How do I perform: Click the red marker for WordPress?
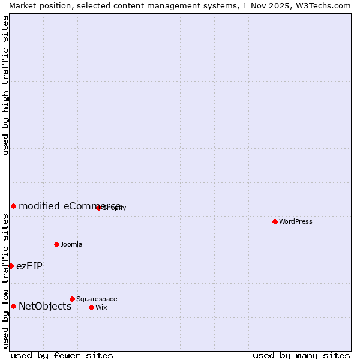(x=275, y=221)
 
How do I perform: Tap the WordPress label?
(x=296, y=222)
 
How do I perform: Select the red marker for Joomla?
(x=56, y=244)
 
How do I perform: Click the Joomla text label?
(x=71, y=245)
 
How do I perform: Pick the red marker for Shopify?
(x=98, y=208)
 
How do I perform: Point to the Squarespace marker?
(x=72, y=299)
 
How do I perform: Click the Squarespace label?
(x=97, y=299)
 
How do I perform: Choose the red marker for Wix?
(x=91, y=307)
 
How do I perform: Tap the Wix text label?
(x=101, y=308)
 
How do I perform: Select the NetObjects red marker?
(x=13, y=306)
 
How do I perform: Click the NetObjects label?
(x=45, y=307)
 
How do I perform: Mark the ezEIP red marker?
(x=11, y=266)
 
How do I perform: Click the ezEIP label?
(x=29, y=266)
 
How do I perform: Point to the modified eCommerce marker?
(x=13, y=206)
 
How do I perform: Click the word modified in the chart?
(x=39, y=206)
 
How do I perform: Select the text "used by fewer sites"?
(x=62, y=356)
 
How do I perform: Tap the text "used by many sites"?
(x=301, y=356)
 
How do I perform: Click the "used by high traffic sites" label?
(x=6, y=85)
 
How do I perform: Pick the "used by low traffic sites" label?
(x=6, y=281)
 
